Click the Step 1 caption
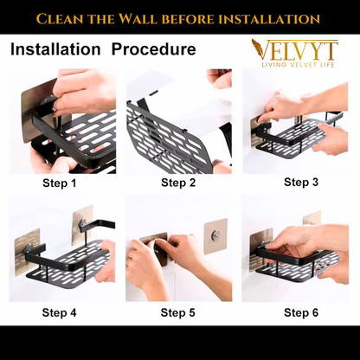59,183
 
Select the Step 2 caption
178,183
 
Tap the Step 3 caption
301,182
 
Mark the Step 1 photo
61,121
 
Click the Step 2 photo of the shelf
178,121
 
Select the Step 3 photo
294,121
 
